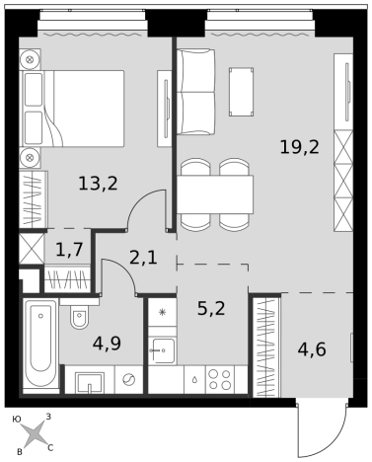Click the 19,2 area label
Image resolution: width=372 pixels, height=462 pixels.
pyautogui.click(x=299, y=147)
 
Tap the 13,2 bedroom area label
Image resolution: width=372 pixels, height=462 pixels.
pyautogui.click(x=98, y=184)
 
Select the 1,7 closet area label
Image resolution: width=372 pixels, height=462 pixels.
pyautogui.click(x=69, y=250)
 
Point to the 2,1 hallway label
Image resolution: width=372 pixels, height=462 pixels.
pyautogui.click(x=143, y=258)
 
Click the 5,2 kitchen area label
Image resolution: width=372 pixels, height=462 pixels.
pyautogui.click(x=211, y=309)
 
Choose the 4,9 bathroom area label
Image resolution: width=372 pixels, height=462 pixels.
pyautogui.click(x=107, y=344)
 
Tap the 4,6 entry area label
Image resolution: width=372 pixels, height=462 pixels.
pyautogui.click(x=312, y=349)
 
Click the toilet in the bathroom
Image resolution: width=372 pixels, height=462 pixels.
pyautogui.click(x=79, y=317)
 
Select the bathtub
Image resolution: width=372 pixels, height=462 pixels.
pyautogui.click(x=40, y=346)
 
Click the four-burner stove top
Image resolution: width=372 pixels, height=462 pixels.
pyautogui.click(x=220, y=379)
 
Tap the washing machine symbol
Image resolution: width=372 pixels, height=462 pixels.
pyautogui.click(x=128, y=380)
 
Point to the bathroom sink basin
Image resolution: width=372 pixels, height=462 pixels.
pyautogui.click(x=90, y=382)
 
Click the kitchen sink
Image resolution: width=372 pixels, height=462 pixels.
pyautogui.click(x=162, y=350)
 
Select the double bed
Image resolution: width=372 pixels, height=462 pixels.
pyautogui.click(x=72, y=109)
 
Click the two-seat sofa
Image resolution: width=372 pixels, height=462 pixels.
pyautogui.click(x=195, y=92)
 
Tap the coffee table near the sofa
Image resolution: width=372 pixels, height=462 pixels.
pyautogui.click(x=242, y=92)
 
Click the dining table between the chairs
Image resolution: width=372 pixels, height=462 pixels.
pyautogui.click(x=215, y=194)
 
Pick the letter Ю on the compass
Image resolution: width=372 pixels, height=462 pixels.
pyautogui.click(x=17, y=419)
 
